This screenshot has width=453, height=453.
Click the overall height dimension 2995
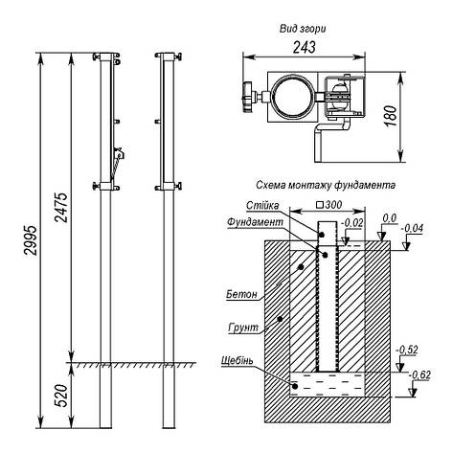click(x=32, y=240)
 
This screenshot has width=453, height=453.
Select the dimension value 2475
click(x=61, y=208)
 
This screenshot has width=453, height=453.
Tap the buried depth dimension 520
click(x=62, y=396)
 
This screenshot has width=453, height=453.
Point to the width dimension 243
click(x=305, y=47)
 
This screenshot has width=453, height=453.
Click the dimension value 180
click(x=392, y=116)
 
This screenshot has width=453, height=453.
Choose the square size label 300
click(x=330, y=205)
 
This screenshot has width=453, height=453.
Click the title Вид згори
click(x=303, y=29)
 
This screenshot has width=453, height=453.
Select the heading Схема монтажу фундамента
click(x=326, y=185)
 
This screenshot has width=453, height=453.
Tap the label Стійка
click(x=262, y=206)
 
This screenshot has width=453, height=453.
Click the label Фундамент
click(x=255, y=222)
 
